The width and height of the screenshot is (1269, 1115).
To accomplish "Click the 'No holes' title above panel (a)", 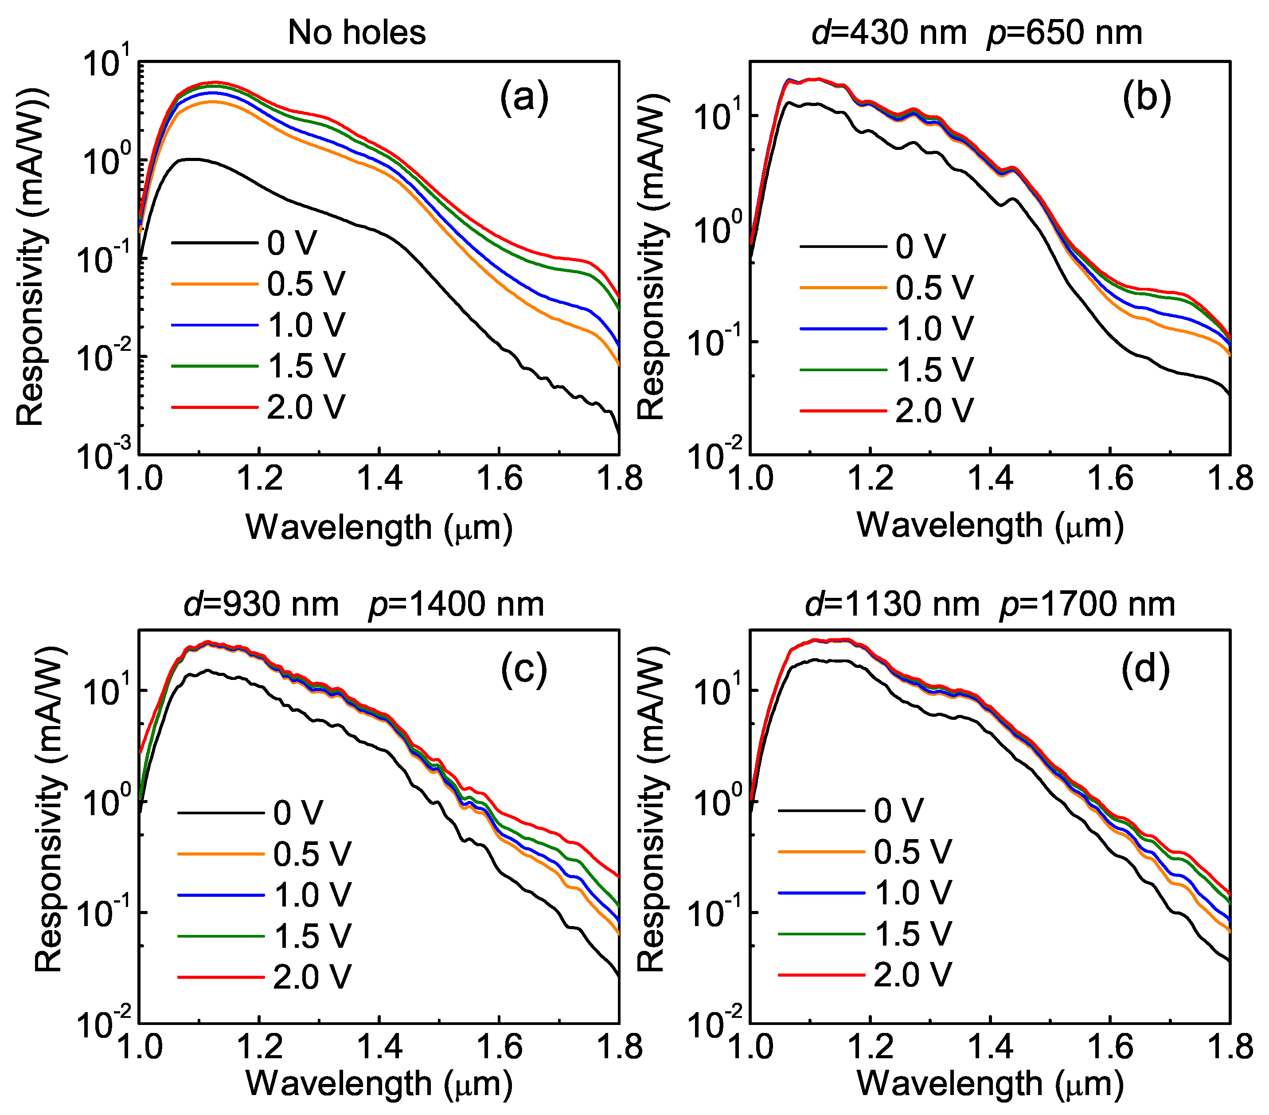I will tap(357, 32).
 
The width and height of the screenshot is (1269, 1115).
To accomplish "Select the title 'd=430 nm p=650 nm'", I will tap(976, 32).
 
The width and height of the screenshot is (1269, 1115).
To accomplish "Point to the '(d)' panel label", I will tap(1145, 670).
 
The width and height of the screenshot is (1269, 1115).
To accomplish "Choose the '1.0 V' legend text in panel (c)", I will tap(312, 895).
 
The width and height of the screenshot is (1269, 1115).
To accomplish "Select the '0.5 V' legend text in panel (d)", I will tap(912, 852).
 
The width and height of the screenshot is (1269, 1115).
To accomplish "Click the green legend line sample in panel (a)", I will tap(214, 366).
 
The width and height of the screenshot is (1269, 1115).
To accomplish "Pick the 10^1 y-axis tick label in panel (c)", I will tap(104, 690).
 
